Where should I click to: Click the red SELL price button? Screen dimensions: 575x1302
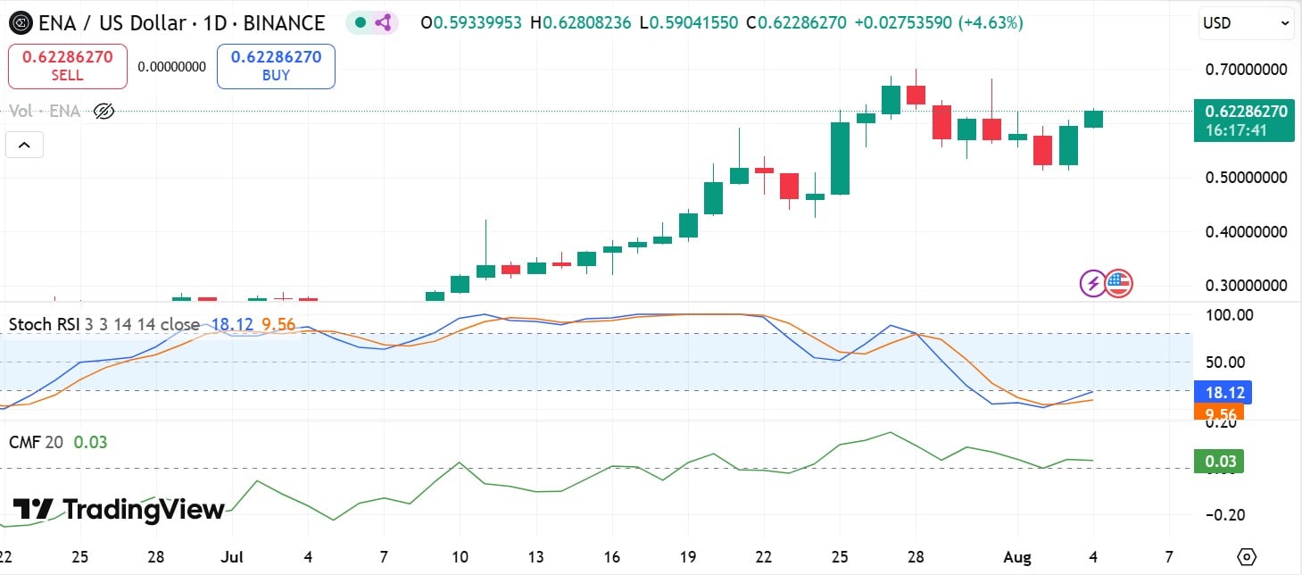[68, 66]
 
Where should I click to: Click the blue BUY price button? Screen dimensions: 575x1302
[276, 66]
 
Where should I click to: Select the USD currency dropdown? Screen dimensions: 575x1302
[1246, 23]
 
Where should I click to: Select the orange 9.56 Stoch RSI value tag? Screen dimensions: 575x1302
[1219, 413]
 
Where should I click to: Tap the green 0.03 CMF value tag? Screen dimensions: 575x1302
[1219, 461]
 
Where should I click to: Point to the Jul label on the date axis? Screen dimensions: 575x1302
[232, 557]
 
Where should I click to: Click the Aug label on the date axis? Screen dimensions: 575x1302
[1017, 557]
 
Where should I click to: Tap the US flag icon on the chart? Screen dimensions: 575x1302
[1118, 284]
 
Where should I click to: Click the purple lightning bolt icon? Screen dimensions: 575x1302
[1093, 284]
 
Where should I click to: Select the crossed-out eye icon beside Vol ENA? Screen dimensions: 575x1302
[104, 112]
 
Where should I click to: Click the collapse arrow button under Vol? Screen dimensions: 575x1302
[24, 145]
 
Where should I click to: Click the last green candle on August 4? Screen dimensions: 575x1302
[1093, 119]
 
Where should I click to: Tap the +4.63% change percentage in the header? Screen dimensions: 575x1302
[991, 23]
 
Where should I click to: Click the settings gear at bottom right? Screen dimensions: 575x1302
[1247, 557]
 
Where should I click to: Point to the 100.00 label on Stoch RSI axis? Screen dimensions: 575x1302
[1231, 315]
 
